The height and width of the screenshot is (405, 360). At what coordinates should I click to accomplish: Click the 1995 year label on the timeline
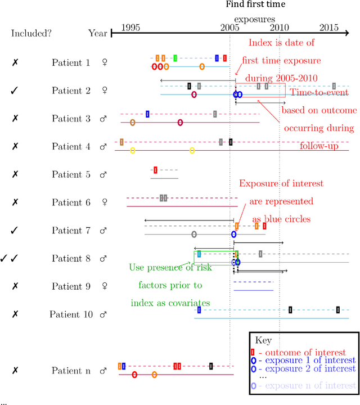pyautogui.click(x=130, y=27)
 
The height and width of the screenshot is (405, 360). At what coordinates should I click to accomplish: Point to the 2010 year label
pyautogui.click(x=279, y=27)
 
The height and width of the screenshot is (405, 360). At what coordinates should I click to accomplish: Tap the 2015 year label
pyautogui.click(x=329, y=27)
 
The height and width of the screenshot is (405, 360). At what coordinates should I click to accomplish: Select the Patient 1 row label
pyautogui.click(x=71, y=63)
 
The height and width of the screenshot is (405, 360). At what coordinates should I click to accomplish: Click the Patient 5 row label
pyautogui.click(x=71, y=174)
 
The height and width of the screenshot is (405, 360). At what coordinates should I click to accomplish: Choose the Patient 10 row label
pyautogui.click(x=71, y=314)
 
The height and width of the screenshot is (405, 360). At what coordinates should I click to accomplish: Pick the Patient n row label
pyautogui.click(x=71, y=371)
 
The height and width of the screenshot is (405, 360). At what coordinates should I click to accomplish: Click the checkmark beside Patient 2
pyautogui.click(x=15, y=91)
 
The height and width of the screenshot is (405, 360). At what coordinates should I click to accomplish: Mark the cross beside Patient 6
pyautogui.click(x=15, y=202)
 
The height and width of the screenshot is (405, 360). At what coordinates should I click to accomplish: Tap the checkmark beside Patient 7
pyautogui.click(x=15, y=230)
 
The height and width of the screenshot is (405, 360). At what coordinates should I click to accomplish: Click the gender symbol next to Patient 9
pyautogui.click(x=103, y=286)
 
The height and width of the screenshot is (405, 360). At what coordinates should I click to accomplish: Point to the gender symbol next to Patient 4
pyautogui.click(x=103, y=147)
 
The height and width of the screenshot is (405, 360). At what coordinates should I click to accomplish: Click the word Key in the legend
pyautogui.click(x=263, y=340)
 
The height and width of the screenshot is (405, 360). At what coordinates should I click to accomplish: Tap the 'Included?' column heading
pyautogui.click(x=31, y=33)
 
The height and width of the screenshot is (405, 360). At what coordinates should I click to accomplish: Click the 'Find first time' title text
pyautogui.click(x=255, y=4)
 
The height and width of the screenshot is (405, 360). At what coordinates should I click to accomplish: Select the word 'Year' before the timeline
pyautogui.click(x=97, y=33)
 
